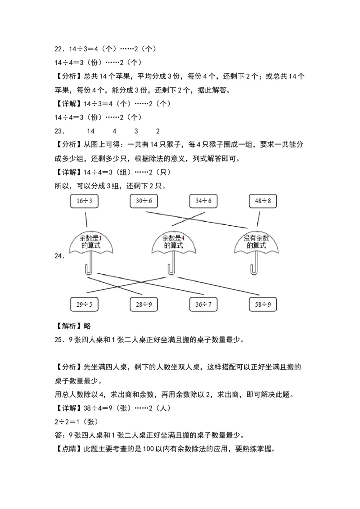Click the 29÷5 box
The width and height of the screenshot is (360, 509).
click(x=85, y=304)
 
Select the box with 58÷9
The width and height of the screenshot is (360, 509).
click(x=263, y=304)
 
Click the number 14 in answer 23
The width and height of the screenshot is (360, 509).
click(x=90, y=131)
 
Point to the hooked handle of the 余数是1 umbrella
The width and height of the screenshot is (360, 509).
click(x=89, y=268)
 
